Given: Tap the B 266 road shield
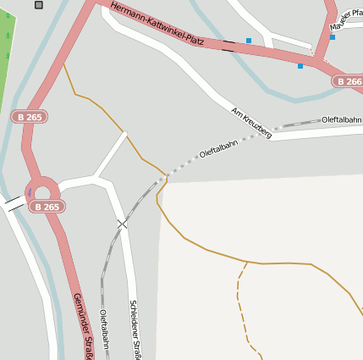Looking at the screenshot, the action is (348, 81).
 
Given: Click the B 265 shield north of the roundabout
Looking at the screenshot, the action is (28, 116).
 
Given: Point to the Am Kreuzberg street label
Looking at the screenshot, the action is (251, 123).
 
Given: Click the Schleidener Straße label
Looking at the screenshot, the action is (134, 330).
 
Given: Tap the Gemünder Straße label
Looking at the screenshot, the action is (82, 326).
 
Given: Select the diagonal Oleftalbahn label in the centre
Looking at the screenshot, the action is (218, 148).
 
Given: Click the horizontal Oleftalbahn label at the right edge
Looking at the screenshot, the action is (342, 120).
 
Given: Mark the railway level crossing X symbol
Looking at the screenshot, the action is (123, 224).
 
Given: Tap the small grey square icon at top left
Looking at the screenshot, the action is (39, 5).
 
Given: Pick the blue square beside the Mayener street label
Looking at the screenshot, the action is (333, 37).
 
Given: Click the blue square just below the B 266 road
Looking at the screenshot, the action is (300, 65).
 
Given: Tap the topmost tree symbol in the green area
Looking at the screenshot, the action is (8, 15).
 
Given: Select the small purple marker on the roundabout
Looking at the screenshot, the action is (29, 192).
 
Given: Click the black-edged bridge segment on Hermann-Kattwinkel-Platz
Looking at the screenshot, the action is (228, 47).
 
